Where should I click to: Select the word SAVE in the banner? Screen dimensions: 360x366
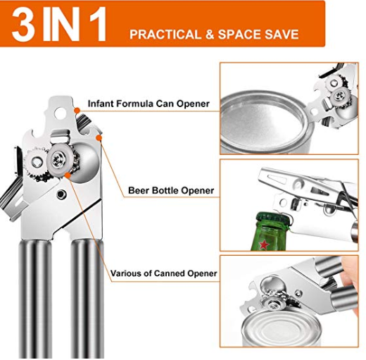[x=279, y=35]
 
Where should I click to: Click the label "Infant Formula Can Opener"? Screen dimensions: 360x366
[x=148, y=104]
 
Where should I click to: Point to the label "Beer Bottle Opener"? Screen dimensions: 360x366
[x=171, y=190]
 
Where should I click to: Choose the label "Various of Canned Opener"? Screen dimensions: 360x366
[x=163, y=273]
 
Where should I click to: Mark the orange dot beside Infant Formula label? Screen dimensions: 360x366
[x=76, y=110]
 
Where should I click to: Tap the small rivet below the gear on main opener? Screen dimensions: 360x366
[x=62, y=194]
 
